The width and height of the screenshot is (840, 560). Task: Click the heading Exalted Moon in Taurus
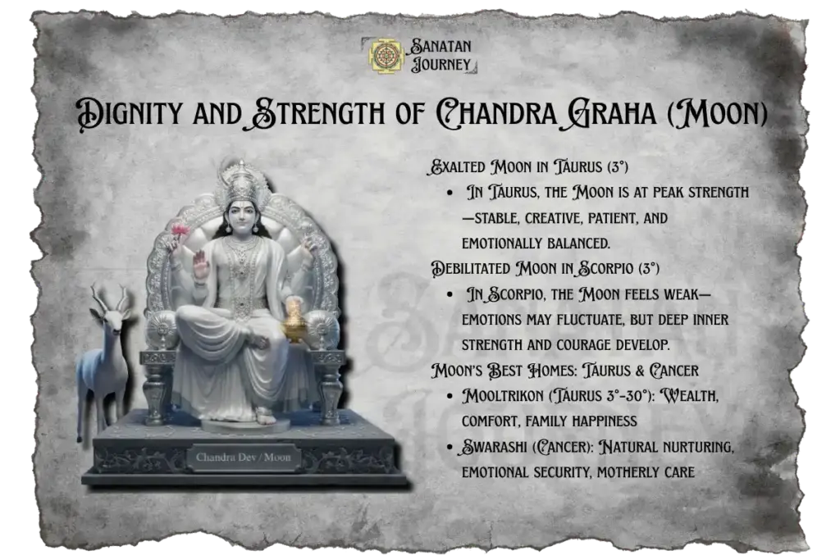click(529, 168)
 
